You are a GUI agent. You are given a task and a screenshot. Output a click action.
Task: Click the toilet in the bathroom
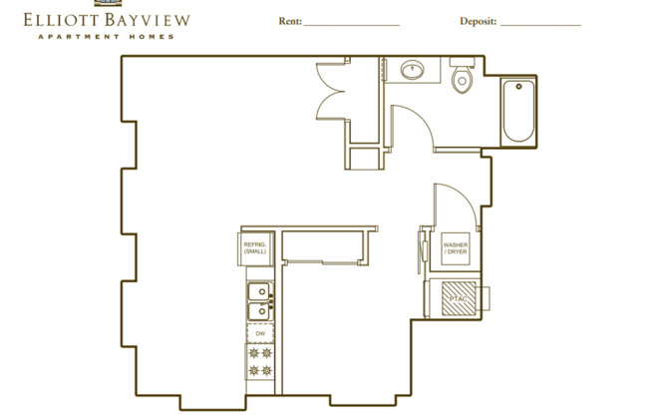461,80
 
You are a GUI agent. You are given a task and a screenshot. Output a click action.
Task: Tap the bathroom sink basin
413,70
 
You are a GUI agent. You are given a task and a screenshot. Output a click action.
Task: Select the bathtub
517,111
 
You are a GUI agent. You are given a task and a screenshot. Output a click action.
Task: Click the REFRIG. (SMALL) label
255,246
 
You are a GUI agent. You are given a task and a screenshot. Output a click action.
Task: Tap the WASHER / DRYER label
456,247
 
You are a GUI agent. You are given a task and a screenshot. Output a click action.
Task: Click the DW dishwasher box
259,333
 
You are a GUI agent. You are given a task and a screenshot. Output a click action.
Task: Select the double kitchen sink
258,302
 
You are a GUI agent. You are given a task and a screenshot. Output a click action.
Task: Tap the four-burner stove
259,363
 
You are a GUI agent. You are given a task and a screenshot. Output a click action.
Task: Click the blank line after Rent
351,23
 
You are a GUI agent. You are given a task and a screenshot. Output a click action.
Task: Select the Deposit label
478,21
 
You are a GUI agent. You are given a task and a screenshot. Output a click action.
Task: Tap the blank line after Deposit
540,23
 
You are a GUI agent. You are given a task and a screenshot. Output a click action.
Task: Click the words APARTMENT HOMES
105,36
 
